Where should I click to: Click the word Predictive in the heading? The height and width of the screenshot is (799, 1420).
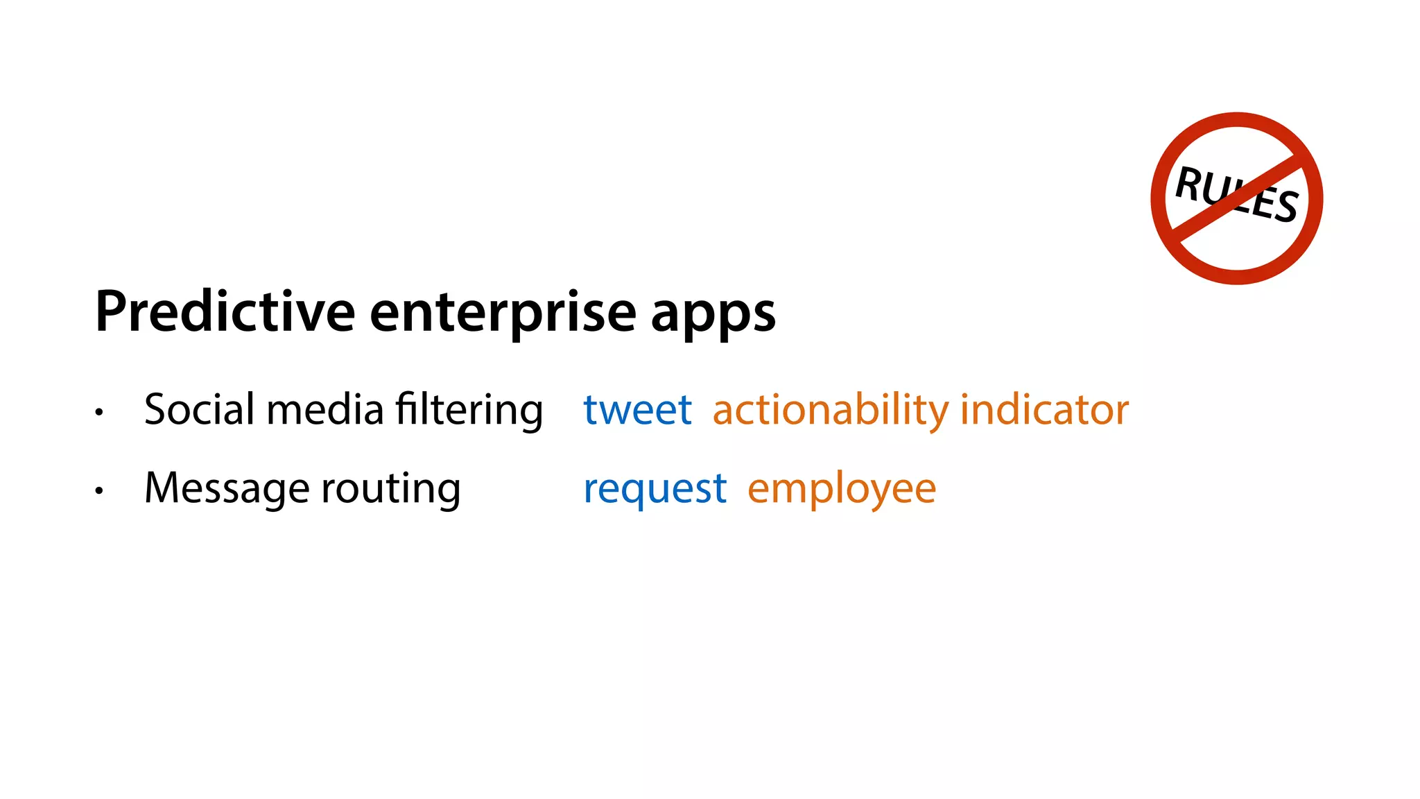[x=225, y=311]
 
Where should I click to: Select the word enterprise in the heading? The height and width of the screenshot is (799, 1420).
[x=503, y=313]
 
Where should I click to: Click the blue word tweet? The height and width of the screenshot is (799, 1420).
[x=637, y=409]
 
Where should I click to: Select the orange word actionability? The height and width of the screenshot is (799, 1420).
[x=831, y=410]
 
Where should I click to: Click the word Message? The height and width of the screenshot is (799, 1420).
[x=227, y=488]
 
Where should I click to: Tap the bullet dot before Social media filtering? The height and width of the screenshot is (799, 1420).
[x=99, y=412]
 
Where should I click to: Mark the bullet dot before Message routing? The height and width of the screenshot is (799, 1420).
[x=99, y=491]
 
